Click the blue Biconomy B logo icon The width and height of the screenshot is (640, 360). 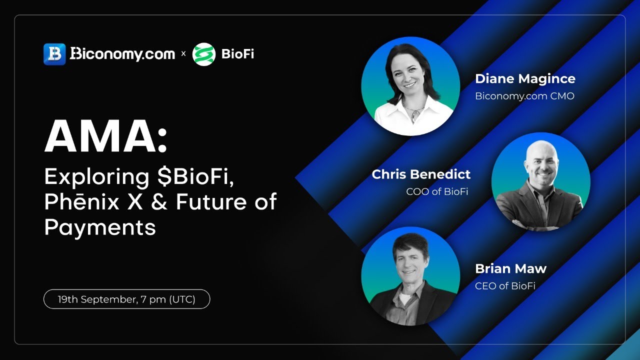(x=54, y=54)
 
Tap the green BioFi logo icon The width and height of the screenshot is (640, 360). (x=203, y=54)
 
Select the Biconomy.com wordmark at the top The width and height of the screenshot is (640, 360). (x=122, y=54)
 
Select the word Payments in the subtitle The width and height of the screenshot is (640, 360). (x=100, y=227)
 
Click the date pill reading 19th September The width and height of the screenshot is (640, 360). (x=126, y=299)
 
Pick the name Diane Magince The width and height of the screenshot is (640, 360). (x=525, y=79)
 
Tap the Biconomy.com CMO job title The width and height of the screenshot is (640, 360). (x=524, y=96)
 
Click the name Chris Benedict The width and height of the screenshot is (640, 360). (x=421, y=174)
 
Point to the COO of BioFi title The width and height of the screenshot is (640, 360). (x=437, y=191)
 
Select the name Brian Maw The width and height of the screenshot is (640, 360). (x=510, y=268)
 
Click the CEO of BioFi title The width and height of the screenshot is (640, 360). (x=505, y=286)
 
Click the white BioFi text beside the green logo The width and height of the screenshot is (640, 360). (x=237, y=54)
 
